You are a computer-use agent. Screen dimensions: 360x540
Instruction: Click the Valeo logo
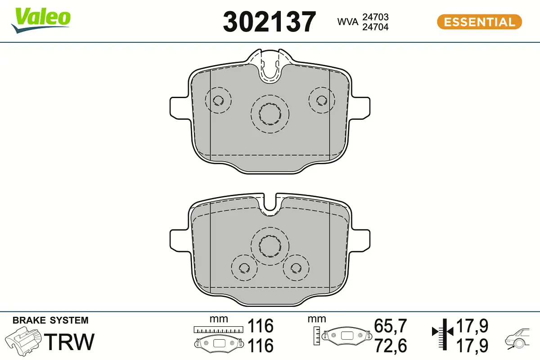pyautogui.click(x=41, y=20)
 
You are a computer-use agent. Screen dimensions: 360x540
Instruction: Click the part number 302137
pyautogui.click(x=270, y=22)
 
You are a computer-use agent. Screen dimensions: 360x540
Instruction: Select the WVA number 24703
pyautogui.click(x=375, y=17)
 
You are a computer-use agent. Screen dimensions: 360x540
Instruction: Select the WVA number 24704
pyautogui.click(x=375, y=27)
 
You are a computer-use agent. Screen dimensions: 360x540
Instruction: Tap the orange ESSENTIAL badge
pyautogui.click(x=479, y=22)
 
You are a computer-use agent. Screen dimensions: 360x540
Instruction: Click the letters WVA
pyautogui.click(x=348, y=22)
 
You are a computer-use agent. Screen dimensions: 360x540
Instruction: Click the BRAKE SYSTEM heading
pyautogui.click(x=50, y=321)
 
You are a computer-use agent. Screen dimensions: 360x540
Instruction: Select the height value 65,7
pyautogui.click(x=391, y=325)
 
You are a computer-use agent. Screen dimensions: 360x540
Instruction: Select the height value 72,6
pyautogui.click(x=391, y=346)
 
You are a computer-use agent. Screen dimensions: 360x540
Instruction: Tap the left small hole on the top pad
pyautogui.click(x=218, y=100)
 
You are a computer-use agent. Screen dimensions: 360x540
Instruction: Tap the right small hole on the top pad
pyautogui.click(x=322, y=100)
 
